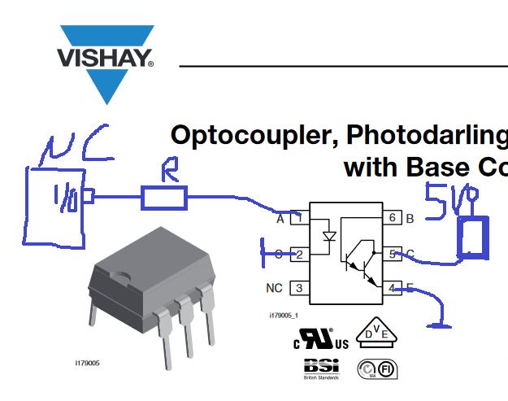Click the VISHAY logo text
[x=103, y=58]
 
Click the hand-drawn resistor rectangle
[x=164, y=198]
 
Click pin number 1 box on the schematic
[x=300, y=217]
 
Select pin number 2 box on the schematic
[x=300, y=254]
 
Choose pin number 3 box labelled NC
[x=300, y=288]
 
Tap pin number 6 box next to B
[x=392, y=217]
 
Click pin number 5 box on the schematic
[x=392, y=254]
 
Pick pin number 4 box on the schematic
[x=392, y=288]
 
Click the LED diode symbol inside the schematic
[x=328, y=238]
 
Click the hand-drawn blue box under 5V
[x=471, y=238]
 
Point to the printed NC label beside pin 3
[x=274, y=288]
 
